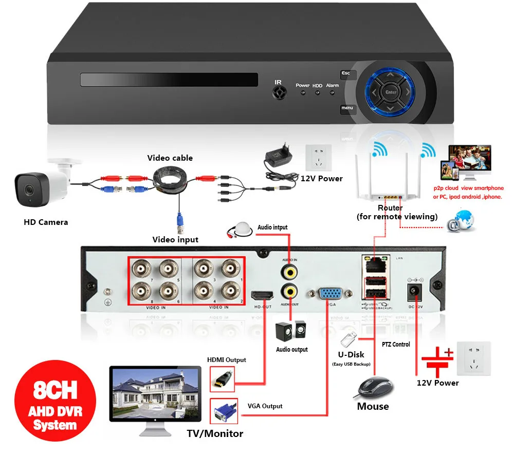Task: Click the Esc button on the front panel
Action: pos(346,74)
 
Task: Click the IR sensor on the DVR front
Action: pos(279,92)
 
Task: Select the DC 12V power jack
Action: pos(414,292)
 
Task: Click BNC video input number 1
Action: pos(229,269)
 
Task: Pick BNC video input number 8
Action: pos(140,292)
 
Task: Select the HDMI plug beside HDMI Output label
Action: pos(222,379)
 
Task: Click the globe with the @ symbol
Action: pos(461,221)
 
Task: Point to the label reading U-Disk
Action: pos(352,354)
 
